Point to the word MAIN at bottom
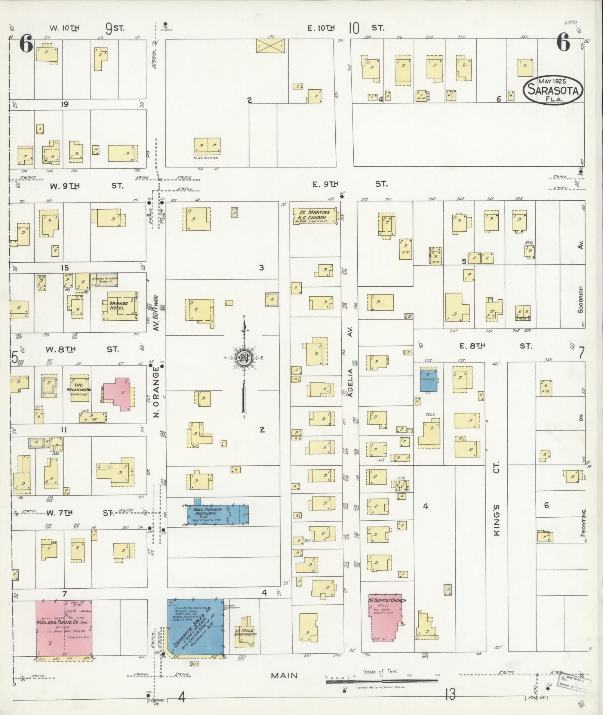284,675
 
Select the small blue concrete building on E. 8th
428,379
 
